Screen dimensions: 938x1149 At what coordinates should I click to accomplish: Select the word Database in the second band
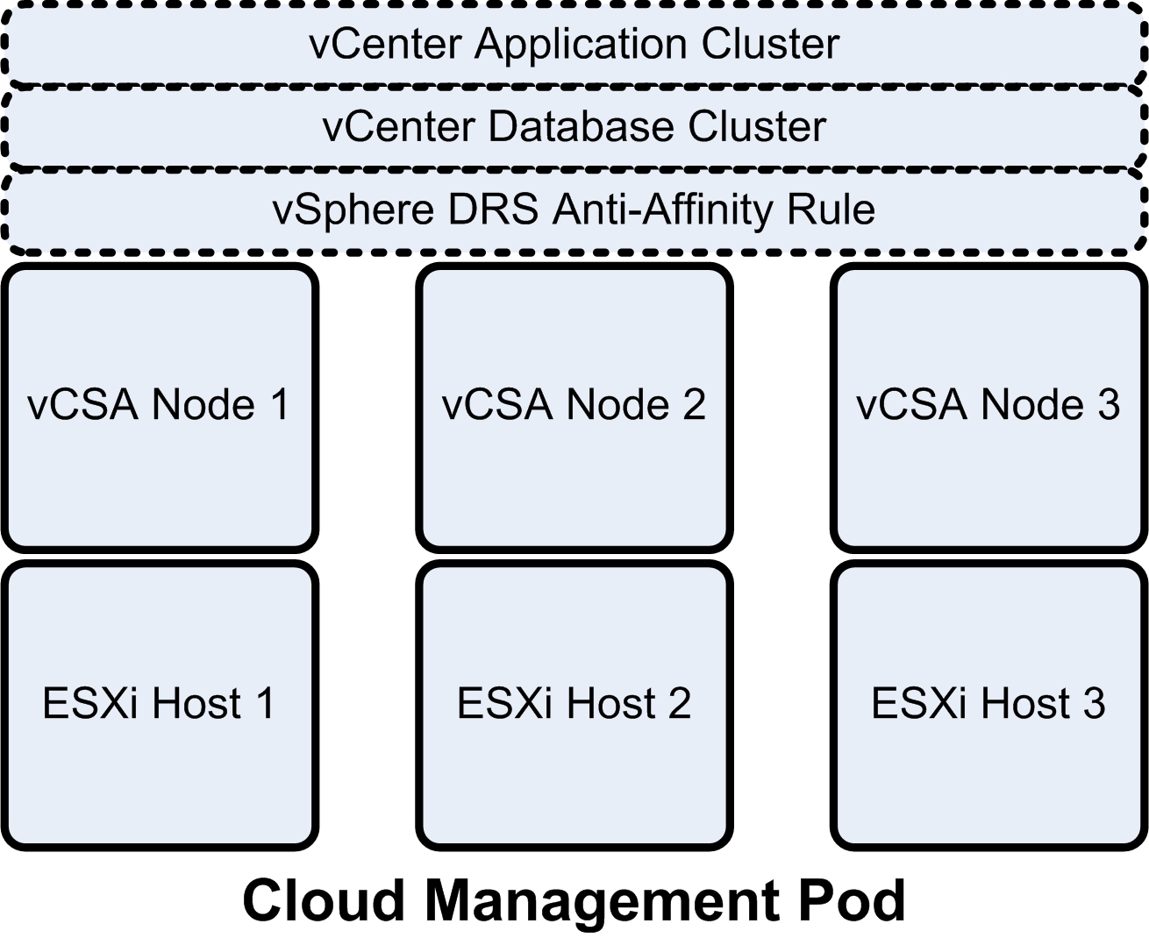tap(581, 127)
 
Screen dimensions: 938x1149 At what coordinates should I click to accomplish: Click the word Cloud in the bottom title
tap(324, 900)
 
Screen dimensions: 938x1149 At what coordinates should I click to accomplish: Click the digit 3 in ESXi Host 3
tap(1093, 704)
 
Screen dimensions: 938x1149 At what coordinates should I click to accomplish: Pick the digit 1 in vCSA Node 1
tap(280, 405)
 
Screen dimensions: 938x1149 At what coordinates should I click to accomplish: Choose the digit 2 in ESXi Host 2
tap(678, 704)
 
